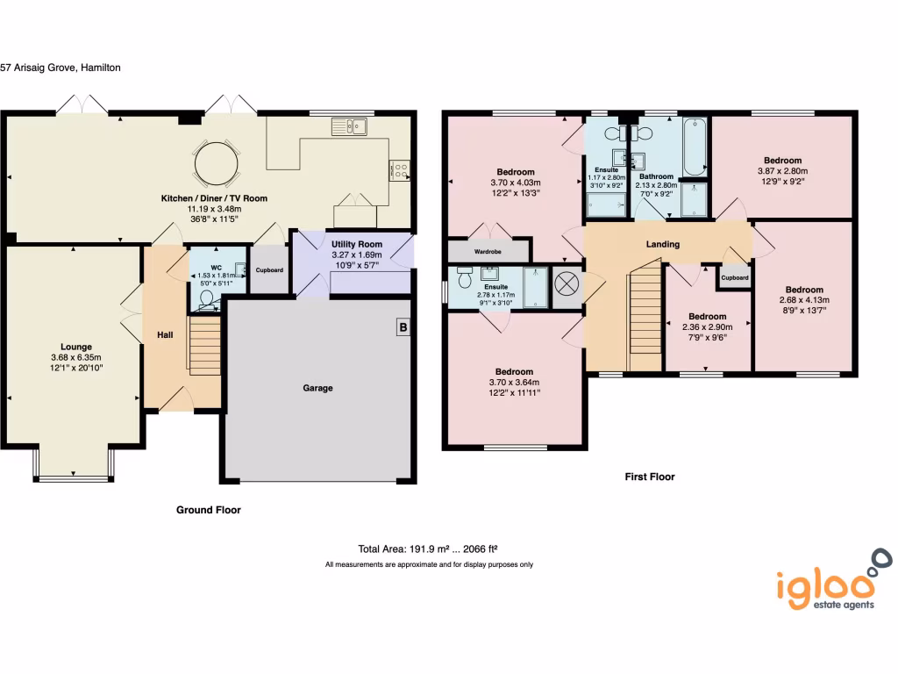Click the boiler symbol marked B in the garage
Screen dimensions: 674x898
[403, 327]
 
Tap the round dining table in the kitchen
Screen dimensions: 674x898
[216, 162]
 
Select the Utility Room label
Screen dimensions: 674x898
[357, 244]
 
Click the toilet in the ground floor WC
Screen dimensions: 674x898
[207, 299]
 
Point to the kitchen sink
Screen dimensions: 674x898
[349, 127]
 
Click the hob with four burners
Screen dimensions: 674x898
[401, 169]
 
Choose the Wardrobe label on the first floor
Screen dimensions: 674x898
[488, 251]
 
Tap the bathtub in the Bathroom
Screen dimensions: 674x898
[695, 146]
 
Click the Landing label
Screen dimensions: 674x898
[662, 244]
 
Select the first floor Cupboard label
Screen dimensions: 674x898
[735, 278]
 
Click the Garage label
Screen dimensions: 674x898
[317, 387]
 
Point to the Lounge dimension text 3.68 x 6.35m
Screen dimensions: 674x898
[76, 357]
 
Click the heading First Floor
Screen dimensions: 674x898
[649, 477]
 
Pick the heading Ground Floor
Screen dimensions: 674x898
[209, 509]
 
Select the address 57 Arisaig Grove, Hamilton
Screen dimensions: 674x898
[61, 66]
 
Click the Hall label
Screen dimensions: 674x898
[165, 335]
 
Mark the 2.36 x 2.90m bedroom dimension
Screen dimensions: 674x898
[707, 326]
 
